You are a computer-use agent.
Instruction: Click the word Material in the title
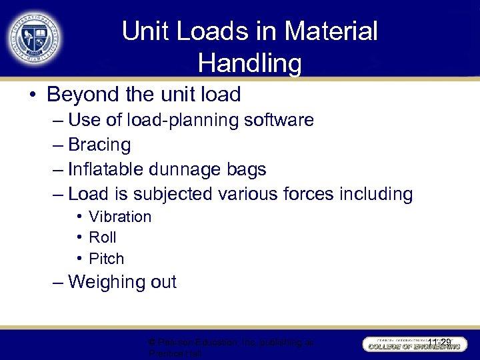(331, 31)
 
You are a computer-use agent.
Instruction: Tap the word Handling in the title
(250, 63)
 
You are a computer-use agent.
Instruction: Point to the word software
(279, 120)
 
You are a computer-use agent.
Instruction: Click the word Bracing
(99, 145)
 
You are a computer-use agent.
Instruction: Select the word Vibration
(120, 217)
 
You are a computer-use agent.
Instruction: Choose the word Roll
(103, 237)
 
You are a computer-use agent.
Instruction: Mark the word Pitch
(107, 259)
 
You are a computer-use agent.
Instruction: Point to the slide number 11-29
(439, 343)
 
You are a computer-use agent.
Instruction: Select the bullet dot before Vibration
(79, 217)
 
